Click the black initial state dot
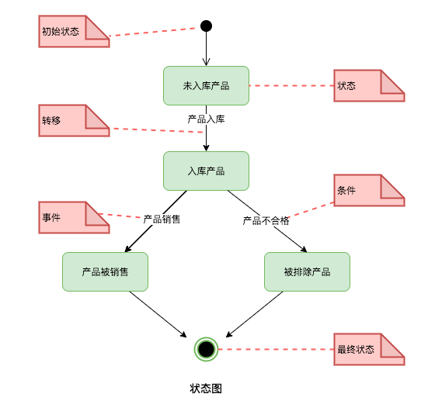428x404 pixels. click(x=206, y=26)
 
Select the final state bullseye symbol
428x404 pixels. click(x=206, y=349)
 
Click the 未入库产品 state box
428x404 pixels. click(x=206, y=85)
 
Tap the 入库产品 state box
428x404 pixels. click(x=206, y=171)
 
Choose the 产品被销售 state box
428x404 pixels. click(x=105, y=271)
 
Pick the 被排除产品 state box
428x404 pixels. click(x=307, y=271)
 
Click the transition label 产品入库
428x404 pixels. click(x=206, y=119)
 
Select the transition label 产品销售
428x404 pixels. click(x=162, y=219)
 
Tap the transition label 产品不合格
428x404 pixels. click(x=266, y=221)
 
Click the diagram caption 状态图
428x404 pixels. click(x=206, y=388)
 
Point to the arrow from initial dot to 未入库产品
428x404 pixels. click(x=206, y=49)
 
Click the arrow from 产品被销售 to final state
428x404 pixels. click(x=158, y=314)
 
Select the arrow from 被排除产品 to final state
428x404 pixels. click(x=255, y=313)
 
